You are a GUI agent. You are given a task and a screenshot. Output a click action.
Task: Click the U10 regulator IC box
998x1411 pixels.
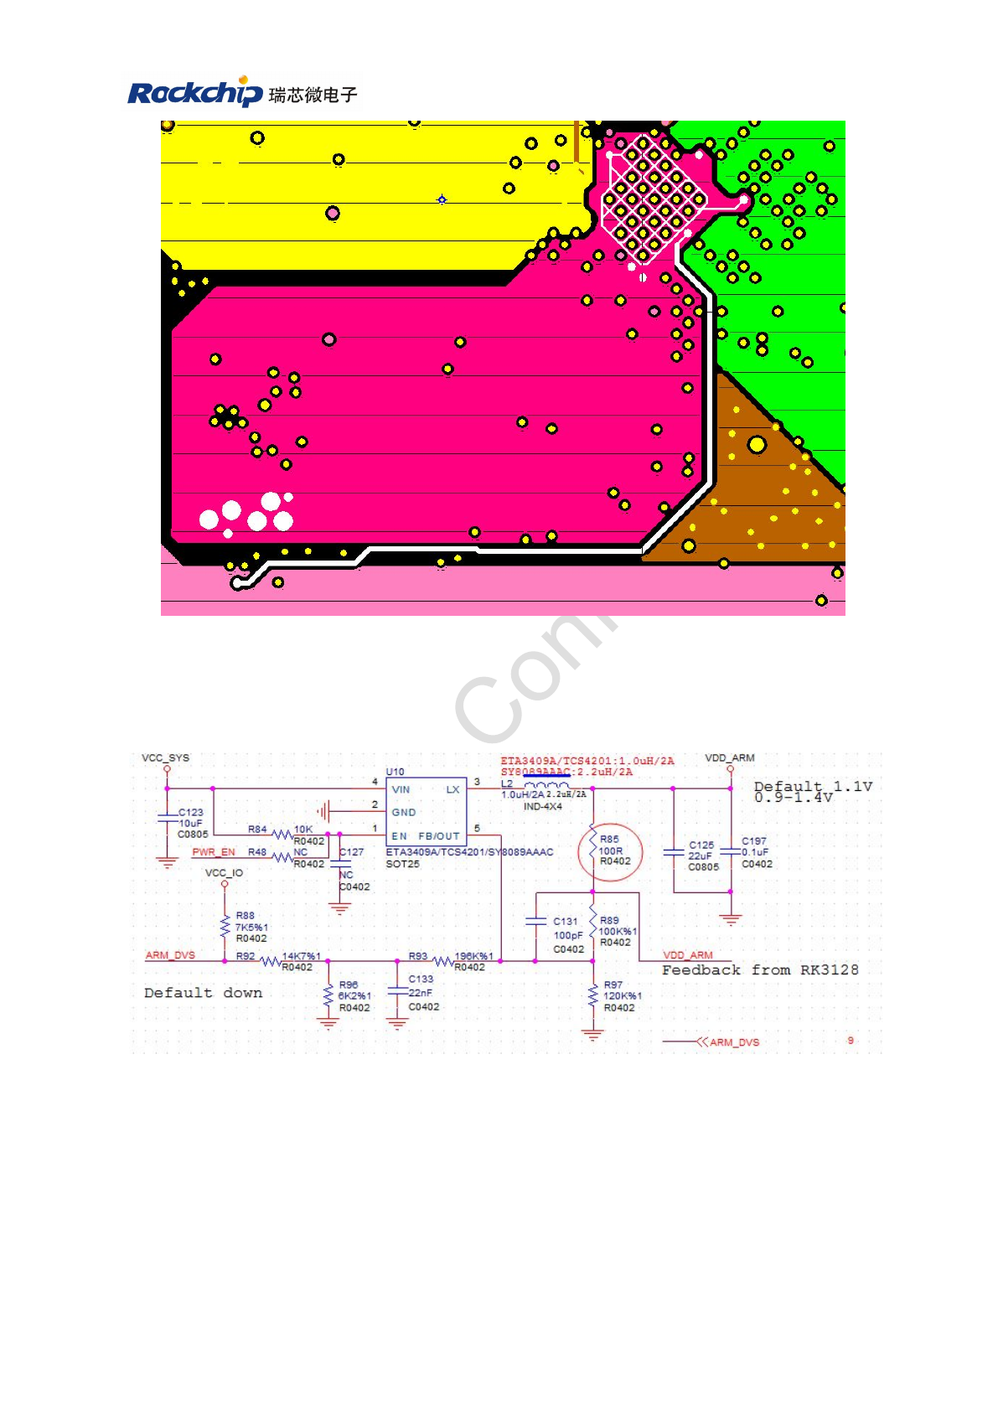click(426, 812)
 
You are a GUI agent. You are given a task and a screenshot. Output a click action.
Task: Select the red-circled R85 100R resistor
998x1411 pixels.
click(610, 851)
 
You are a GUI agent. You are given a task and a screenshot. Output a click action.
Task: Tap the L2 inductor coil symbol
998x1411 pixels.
click(546, 785)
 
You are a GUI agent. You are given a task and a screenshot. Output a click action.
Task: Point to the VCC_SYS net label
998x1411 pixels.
click(165, 757)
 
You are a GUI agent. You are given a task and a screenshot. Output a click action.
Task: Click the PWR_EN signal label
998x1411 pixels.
click(213, 852)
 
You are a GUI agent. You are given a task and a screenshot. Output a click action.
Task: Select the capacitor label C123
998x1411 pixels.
click(191, 812)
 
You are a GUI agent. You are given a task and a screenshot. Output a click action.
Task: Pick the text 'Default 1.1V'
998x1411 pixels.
click(812, 786)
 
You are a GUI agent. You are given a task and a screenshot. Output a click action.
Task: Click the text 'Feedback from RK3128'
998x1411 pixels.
click(759, 969)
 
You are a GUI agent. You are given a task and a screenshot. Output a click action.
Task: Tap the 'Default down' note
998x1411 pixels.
click(203, 993)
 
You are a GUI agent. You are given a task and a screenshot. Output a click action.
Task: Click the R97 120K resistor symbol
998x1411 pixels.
click(593, 995)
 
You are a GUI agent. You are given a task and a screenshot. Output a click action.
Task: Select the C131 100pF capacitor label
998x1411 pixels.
click(566, 921)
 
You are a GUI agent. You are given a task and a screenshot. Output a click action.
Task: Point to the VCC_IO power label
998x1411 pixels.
click(224, 873)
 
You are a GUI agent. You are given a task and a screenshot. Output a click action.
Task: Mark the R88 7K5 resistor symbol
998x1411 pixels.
click(225, 927)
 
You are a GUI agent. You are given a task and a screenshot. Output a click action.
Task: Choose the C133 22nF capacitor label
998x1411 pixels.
click(421, 979)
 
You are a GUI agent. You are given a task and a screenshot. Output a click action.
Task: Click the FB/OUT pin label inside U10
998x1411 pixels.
click(438, 836)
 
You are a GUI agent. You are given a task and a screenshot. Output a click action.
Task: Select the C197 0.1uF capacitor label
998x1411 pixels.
click(753, 841)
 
